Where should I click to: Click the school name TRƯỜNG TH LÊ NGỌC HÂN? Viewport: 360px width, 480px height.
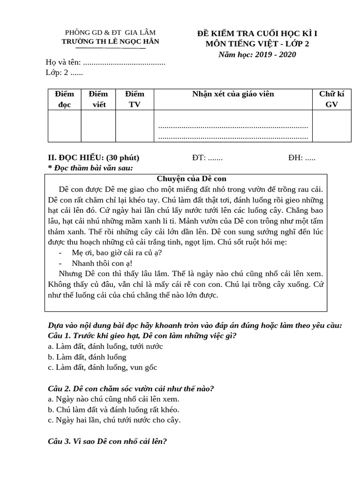coord(111,41)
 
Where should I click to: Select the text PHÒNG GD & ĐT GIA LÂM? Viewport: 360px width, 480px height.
coord(111,32)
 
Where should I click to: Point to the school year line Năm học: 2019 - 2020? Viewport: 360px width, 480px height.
coord(257,54)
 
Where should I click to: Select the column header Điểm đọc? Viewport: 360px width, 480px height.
coord(64,99)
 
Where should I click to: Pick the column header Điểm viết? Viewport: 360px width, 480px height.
coord(98,99)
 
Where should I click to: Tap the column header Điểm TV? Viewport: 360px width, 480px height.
coord(135,99)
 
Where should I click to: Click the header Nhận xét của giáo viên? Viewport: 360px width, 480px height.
coord(233,94)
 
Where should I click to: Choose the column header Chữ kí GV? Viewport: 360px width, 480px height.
coord(331,99)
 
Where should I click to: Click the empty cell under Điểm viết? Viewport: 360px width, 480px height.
coord(98,126)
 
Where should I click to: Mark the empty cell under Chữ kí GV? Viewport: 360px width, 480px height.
coord(331,126)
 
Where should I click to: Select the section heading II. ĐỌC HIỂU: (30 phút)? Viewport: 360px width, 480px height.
coord(94,157)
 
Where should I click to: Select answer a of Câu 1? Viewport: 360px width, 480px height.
coord(105,346)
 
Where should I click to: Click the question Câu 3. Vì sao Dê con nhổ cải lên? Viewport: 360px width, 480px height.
coord(108,442)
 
